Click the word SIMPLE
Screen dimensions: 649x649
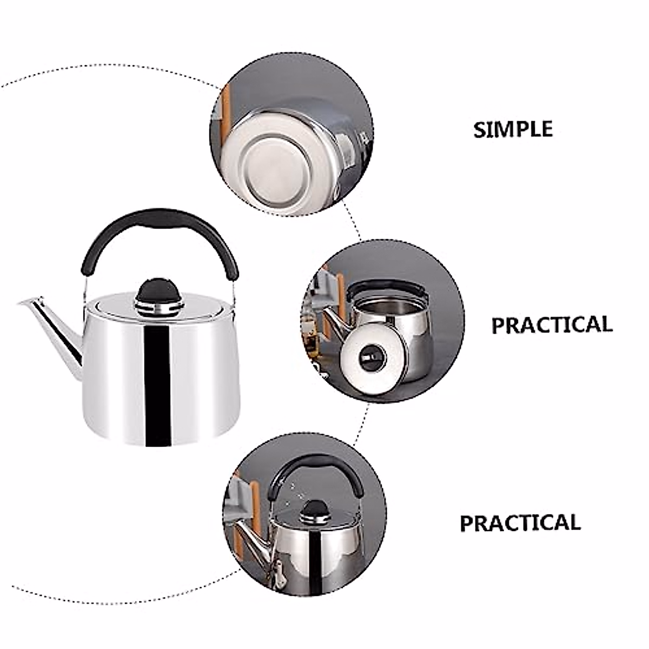tap(513, 130)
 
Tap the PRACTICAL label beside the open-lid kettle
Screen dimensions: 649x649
tap(552, 325)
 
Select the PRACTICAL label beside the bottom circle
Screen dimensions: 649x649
tap(520, 523)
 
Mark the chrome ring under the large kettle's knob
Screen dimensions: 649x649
tap(158, 309)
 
